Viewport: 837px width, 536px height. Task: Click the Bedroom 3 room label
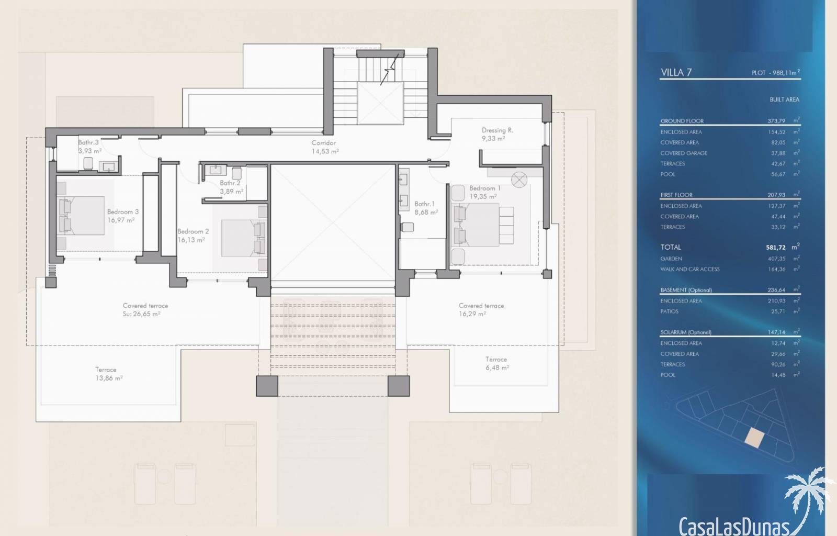[122, 212]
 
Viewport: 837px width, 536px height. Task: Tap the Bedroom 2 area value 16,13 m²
[191, 240]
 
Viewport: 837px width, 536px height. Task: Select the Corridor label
[324, 143]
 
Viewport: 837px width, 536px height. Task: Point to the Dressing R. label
[497, 130]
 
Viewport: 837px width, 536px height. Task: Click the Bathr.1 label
[424, 204]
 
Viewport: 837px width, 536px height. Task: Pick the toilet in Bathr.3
[88, 164]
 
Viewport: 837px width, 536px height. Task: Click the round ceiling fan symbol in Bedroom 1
[519, 180]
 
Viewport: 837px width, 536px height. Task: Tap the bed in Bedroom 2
[244, 238]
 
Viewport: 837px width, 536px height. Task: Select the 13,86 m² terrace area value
[109, 378]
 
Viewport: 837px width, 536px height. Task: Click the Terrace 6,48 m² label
[497, 363]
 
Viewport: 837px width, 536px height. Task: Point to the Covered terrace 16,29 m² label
[481, 310]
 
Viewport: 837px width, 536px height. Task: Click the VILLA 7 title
[676, 72]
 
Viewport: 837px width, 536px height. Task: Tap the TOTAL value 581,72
[775, 248]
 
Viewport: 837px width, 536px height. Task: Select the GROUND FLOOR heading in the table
[682, 121]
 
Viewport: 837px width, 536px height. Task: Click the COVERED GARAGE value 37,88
[778, 153]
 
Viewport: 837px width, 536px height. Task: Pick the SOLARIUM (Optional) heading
[686, 332]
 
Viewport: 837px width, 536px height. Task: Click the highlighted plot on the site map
[754, 438]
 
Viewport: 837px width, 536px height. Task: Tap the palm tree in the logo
[807, 497]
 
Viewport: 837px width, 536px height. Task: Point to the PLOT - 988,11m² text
[776, 73]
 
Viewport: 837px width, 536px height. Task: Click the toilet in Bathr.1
[407, 227]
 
